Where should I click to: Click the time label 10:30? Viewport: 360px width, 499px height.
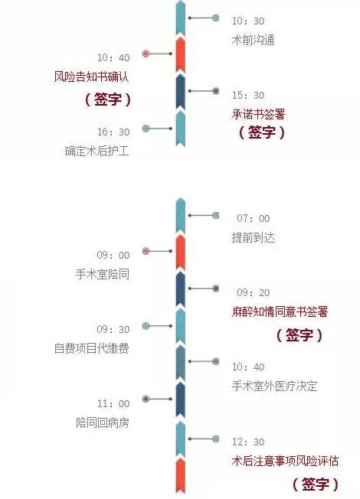tap(248, 21)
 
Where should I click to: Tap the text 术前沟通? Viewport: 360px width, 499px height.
tap(254, 40)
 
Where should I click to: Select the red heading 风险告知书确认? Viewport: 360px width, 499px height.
tap(91, 77)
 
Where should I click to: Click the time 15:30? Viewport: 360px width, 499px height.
tap(248, 96)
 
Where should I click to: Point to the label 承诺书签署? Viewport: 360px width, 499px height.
tap(258, 114)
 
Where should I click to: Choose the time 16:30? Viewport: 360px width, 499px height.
tap(113, 132)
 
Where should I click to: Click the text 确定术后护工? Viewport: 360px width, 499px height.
tap(97, 151)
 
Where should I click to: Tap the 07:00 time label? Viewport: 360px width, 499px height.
tap(254, 219)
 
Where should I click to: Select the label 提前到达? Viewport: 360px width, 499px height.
tap(254, 237)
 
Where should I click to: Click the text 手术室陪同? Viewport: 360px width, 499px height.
tap(103, 274)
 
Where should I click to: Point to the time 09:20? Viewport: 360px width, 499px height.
tap(254, 293)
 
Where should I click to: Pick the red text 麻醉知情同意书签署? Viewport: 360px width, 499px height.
tap(280, 311)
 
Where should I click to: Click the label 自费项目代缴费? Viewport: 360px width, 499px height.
tap(91, 348)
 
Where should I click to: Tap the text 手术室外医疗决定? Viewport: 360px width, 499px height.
tap(275, 386)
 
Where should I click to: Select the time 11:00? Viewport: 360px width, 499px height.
tap(113, 404)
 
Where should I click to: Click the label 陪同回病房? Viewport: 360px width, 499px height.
tap(103, 422)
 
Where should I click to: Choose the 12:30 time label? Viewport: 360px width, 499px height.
tap(248, 442)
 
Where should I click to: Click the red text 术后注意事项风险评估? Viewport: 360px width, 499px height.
tap(285, 461)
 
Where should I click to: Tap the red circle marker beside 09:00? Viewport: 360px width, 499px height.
tap(146, 251)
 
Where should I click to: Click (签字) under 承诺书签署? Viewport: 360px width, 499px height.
tap(262, 132)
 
